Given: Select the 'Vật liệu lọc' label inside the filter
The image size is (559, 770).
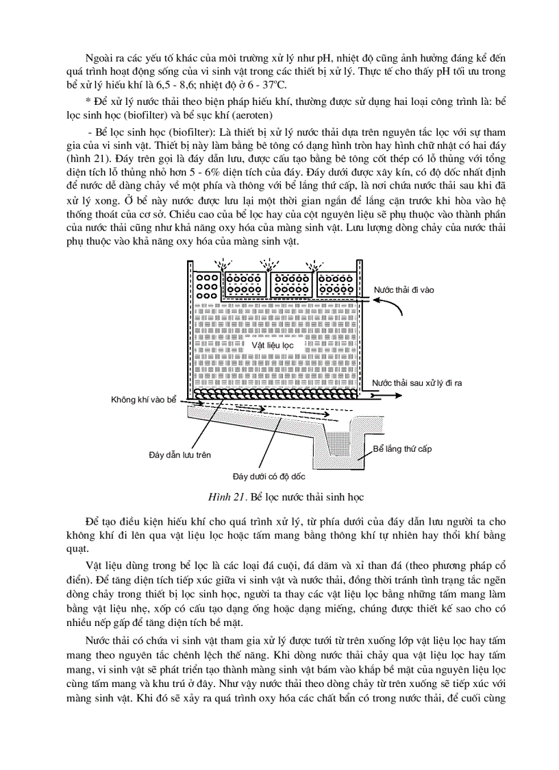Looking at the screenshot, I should point(272,346).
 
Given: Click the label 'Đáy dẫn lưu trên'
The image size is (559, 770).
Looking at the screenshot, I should point(179,454).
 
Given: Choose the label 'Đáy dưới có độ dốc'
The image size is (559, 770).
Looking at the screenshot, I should point(269,475).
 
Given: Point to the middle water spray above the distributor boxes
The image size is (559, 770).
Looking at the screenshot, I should point(267,264).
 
